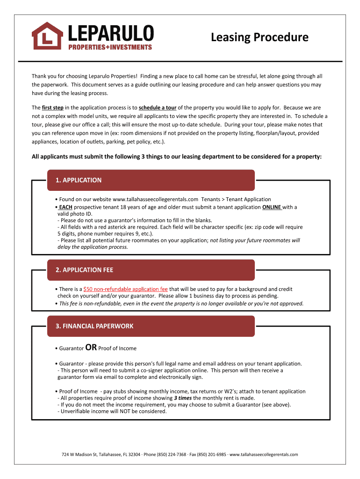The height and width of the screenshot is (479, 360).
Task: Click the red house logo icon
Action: point(47,36)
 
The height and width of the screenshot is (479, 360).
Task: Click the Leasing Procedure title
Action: point(259,37)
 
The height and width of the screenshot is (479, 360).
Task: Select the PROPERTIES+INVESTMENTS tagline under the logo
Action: point(110,47)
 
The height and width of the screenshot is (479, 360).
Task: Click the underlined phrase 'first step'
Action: point(52,108)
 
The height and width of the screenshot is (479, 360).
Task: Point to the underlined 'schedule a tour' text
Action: point(157,108)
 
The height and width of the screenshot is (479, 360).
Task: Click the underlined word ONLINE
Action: point(272,207)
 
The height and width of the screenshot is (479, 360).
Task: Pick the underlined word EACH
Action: point(65,207)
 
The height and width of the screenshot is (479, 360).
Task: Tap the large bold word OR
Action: point(91,348)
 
